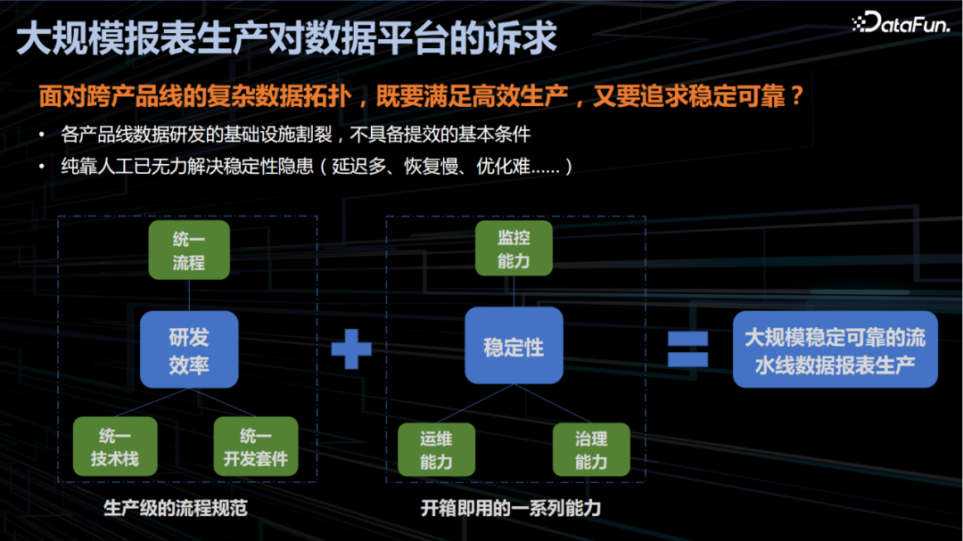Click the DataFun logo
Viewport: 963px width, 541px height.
[901, 23]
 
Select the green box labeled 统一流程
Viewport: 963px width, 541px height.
[189, 250]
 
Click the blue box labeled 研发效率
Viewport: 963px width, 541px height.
[189, 349]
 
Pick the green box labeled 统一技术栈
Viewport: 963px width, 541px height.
[115, 447]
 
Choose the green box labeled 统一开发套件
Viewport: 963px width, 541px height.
[256, 447]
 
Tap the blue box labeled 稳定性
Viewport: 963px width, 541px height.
[514, 347]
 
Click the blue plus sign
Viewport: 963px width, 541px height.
[352, 349]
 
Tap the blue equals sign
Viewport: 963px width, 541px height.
[688, 349]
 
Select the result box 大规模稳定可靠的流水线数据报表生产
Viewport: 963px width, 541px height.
[835, 349]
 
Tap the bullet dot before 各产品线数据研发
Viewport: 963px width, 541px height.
[42, 135]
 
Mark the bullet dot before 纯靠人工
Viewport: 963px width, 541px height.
[42, 167]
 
